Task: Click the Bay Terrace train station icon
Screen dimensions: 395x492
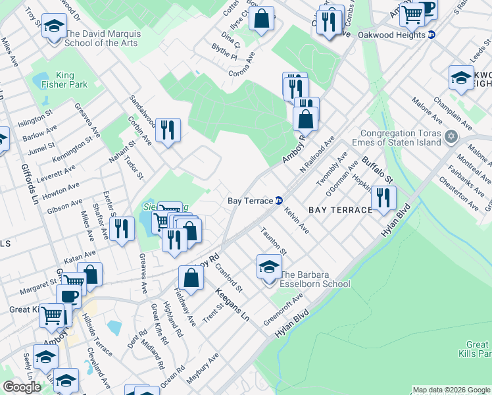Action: [x=279, y=200]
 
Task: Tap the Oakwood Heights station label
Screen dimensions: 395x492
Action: [x=392, y=35]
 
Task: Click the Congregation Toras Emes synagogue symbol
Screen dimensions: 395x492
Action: [x=451, y=137]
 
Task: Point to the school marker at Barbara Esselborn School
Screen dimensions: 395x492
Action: [x=268, y=267]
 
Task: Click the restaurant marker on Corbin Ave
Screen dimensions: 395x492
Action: [x=168, y=130]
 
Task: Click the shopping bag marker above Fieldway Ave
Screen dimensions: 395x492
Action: [x=191, y=278]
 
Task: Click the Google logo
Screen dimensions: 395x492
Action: [x=22, y=388]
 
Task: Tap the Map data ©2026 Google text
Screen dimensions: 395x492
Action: [x=451, y=390]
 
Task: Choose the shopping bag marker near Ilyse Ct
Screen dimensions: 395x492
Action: [x=261, y=19]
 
